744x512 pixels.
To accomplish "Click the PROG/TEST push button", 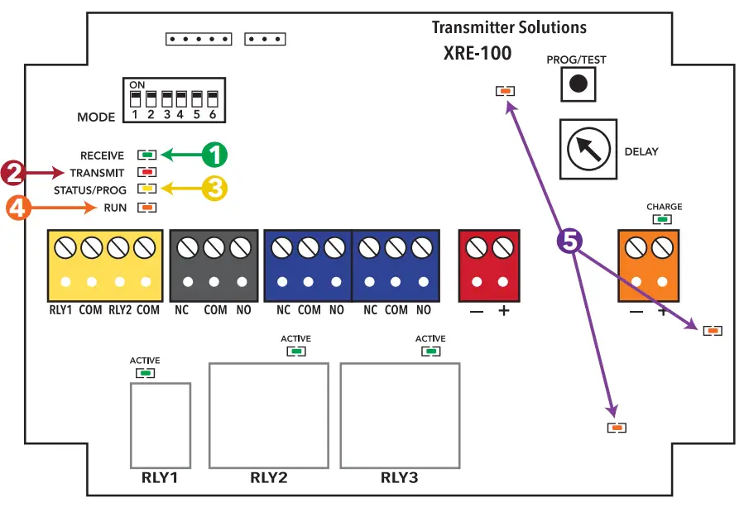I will [x=579, y=84].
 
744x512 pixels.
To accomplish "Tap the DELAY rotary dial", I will [x=588, y=149].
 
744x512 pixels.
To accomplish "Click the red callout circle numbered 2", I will [x=13, y=173].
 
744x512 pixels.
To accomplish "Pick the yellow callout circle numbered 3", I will [x=214, y=189].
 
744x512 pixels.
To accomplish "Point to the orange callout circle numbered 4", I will [x=19, y=208].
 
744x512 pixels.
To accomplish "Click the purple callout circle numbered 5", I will [x=570, y=242].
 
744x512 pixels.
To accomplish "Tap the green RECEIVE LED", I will [x=147, y=155].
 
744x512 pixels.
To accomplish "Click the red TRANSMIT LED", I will [x=147, y=173].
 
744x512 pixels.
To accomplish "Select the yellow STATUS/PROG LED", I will [x=147, y=189].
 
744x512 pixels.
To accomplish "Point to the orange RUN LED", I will [x=147, y=208].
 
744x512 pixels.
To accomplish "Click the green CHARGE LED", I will [x=661, y=219].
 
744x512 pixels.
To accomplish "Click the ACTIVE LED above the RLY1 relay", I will [x=146, y=373].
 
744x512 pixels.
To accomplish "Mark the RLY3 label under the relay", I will [x=400, y=478].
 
